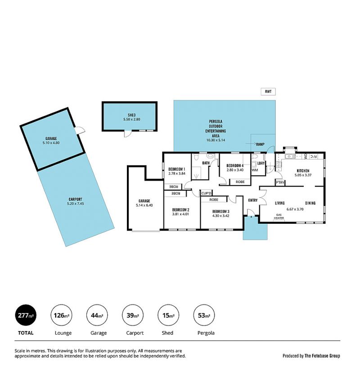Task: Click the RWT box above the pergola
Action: point(268,91)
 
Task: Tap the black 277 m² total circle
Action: point(26,315)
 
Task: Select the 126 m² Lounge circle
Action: point(62,315)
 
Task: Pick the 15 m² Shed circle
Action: point(168,315)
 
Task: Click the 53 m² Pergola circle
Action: point(204,315)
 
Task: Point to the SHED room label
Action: point(131,115)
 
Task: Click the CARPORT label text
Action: point(76,199)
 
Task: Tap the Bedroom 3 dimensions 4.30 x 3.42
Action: point(220,216)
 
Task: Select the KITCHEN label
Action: point(303,171)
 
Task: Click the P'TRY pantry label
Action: point(280,182)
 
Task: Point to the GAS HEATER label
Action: point(279,216)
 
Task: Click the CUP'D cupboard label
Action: point(207,193)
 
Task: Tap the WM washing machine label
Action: point(255,170)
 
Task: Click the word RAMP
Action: point(260,144)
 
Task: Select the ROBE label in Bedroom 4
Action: point(240,182)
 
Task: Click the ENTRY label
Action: point(253,200)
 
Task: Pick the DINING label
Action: point(310,203)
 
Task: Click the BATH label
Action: point(206,163)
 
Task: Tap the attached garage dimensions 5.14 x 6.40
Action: point(144,205)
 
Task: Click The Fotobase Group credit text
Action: point(322,356)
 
